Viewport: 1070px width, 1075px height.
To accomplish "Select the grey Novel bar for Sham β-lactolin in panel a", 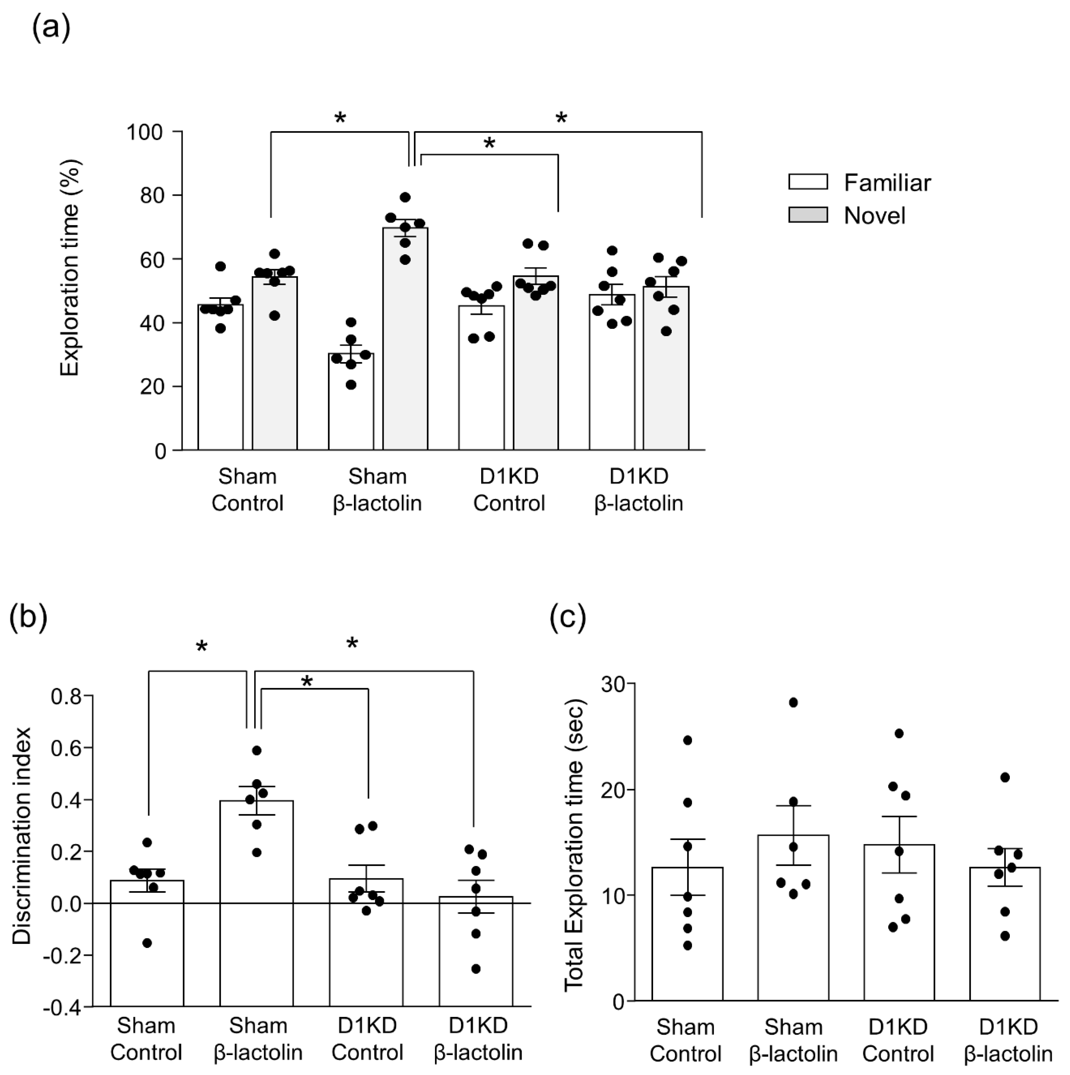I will [405, 345].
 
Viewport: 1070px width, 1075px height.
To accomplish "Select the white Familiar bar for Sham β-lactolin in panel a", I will [351, 406].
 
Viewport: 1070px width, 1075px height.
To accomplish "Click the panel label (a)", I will [51, 28].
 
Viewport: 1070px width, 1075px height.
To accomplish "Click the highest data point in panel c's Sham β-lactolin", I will [793, 703].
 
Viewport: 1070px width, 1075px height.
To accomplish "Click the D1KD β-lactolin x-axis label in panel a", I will [638, 490].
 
